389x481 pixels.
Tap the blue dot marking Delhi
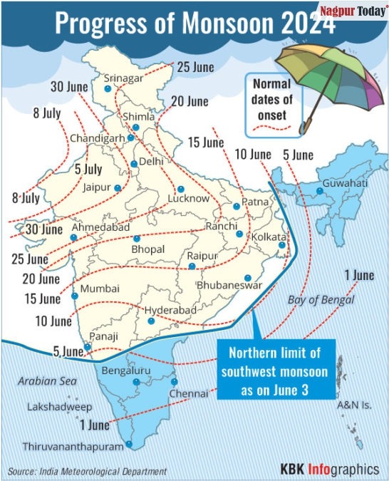(x=134, y=165)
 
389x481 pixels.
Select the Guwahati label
(x=346, y=183)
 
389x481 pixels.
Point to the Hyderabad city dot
(x=151, y=321)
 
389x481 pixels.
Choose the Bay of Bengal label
(x=321, y=299)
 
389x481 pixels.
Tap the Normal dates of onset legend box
(x=271, y=104)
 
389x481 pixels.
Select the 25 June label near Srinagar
(x=195, y=68)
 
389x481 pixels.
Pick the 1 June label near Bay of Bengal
(x=358, y=275)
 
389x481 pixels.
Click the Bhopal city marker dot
(x=136, y=237)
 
